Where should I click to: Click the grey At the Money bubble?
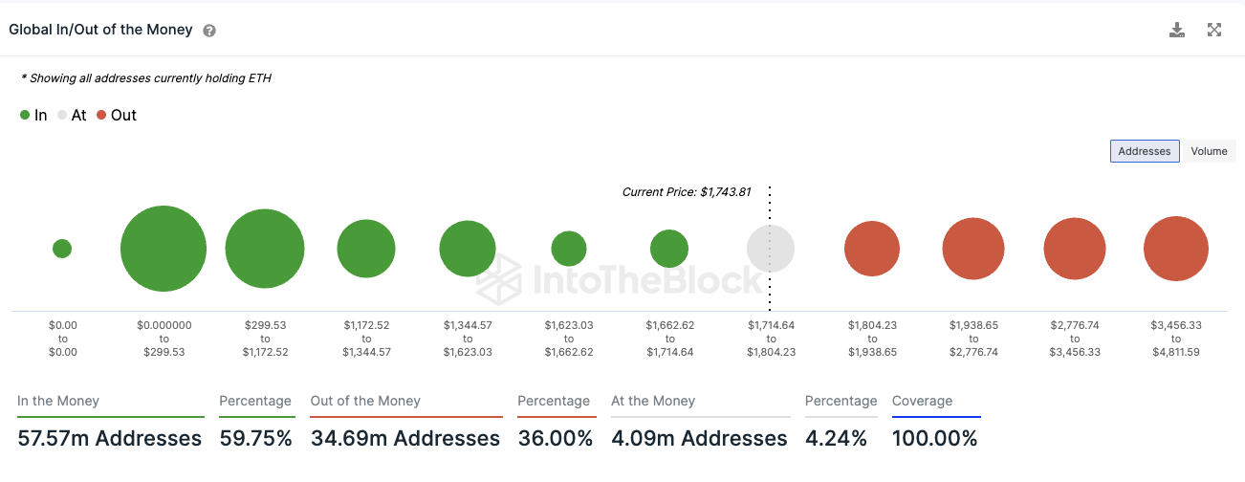(770, 249)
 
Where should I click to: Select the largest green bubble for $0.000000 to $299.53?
(164, 249)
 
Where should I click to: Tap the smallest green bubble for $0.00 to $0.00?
(62, 249)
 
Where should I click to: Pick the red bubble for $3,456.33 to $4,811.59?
(1175, 249)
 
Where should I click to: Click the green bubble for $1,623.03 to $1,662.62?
(569, 249)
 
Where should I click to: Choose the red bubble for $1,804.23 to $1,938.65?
(871, 249)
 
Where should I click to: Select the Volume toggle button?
(1209, 151)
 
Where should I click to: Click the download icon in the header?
(1177, 30)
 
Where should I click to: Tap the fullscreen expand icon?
(1214, 30)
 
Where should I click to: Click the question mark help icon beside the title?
(209, 31)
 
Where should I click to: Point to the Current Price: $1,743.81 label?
(686, 192)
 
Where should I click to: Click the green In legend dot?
(25, 116)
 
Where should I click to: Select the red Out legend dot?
(101, 116)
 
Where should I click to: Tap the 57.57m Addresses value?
(110, 439)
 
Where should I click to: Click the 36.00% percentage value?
(556, 439)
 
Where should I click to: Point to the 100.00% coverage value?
(934, 439)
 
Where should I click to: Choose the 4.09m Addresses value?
(699, 439)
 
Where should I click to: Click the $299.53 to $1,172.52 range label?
(265, 339)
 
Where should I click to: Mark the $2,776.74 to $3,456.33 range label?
(1075, 339)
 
